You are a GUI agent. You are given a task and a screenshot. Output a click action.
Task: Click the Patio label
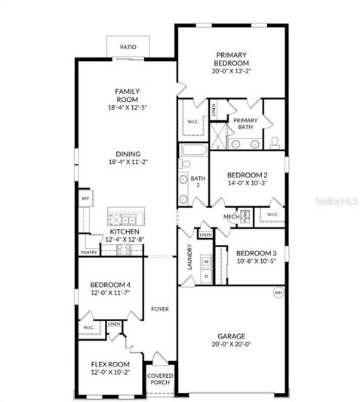(x=128, y=48)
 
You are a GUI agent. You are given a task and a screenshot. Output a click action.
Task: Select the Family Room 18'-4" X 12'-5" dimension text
(x=127, y=108)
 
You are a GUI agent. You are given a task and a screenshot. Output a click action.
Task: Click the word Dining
(x=127, y=154)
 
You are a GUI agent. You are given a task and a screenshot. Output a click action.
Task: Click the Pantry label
(x=88, y=252)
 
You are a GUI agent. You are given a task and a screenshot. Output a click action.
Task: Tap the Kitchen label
(x=125, y=231)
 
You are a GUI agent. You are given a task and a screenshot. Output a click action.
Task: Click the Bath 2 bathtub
(x=194, y=150)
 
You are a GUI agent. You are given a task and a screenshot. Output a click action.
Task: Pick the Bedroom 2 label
(x=247, y=175)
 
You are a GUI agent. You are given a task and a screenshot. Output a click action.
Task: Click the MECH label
(x=230, y=218)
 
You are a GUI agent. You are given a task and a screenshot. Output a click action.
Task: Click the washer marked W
(x=205, y=261)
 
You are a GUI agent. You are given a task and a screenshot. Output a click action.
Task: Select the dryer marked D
(x=205, y=276)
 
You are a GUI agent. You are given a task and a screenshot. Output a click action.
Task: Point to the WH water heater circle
(x=278, y=292)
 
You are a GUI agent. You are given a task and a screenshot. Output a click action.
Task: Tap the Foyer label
(x=159, y=309)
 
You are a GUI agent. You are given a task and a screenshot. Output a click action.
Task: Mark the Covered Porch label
(x=160, y=379)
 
